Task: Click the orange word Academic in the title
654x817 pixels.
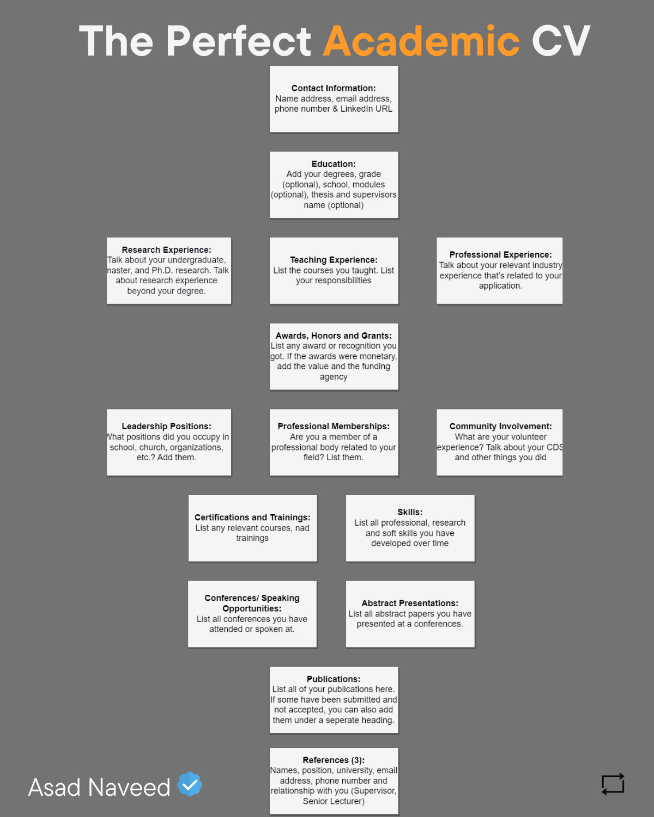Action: [421, 41]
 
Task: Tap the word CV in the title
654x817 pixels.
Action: [561, 41]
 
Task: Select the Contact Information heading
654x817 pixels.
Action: [334, 88]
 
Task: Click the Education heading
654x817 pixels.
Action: [334, 164]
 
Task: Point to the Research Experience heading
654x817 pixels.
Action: [166, 250]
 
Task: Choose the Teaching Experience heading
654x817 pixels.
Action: [334, 260]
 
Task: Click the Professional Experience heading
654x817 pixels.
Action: [500, 255]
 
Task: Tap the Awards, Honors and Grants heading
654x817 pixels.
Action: [334, 336]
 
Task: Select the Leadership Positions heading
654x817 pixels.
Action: [166, 426]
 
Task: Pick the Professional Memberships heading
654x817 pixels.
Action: [334, 426]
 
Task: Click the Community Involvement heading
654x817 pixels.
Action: [500, 426]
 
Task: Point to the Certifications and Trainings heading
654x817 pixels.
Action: [252, 517]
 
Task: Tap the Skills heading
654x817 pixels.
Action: [410, 512]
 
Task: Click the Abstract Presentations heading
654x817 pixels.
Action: [410, 603]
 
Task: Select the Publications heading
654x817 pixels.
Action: [334, 679]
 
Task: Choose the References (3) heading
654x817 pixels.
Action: [334, 760]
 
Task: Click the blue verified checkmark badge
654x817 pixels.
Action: [190, 784]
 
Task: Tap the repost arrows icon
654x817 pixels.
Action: [613, 784]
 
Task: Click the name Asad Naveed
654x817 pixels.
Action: [99, 788]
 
